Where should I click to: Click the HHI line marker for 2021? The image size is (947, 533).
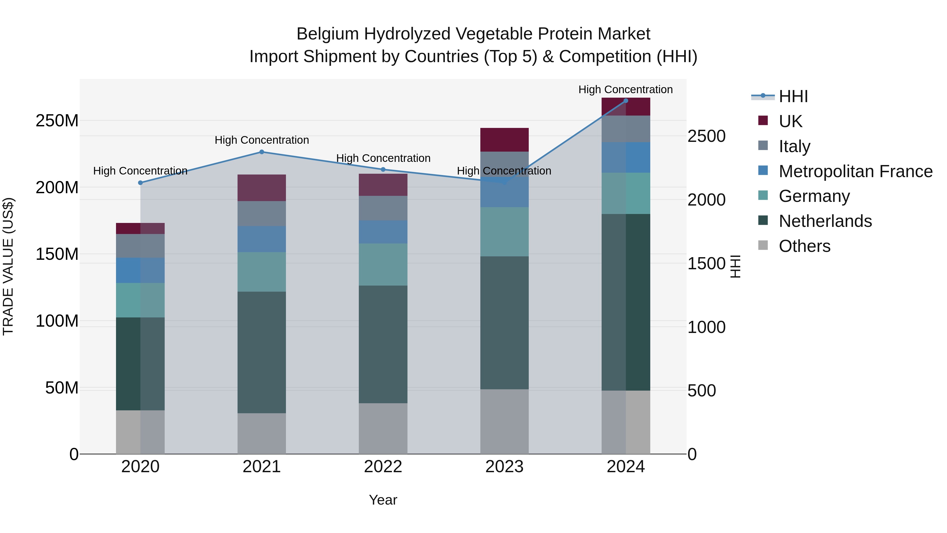262,152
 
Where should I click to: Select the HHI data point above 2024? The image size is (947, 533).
626,101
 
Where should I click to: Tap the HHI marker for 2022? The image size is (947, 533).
383,170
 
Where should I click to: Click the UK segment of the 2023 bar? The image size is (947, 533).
504,140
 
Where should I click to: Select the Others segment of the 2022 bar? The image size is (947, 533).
383,428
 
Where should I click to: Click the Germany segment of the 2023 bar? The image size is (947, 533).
504,232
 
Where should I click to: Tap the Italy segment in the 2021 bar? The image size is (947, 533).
262,213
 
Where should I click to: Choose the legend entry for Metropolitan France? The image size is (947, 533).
855,171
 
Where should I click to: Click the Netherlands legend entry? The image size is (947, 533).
825,221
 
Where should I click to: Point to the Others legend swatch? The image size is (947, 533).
763,245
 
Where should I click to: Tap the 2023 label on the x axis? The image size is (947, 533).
504,467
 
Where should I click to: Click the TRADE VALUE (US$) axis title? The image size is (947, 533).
8,266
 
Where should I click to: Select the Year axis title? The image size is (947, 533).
383,500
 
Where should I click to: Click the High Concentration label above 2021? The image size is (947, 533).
262,140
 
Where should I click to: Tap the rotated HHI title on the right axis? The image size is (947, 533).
735,266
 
